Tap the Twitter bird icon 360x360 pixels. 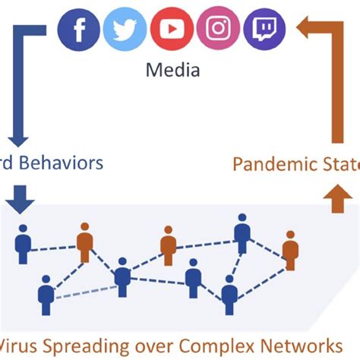pyautogui.click(x=125, y=29)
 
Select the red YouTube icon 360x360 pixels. pyautogui.click(x=172, y=29)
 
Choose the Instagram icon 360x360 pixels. pyautogui.click(x=219, y=29)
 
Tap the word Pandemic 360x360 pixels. pyautogui.click(x=267, y=163)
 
